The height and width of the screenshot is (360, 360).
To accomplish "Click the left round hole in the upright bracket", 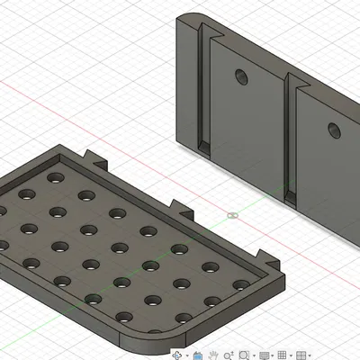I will (x=241, y=76).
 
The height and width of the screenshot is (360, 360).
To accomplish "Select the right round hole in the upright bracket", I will (x=334, y=130).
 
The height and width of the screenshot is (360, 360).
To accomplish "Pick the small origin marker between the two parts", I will (x=233, y=216).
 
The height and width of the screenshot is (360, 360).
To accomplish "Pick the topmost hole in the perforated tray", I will (x=55, y=178).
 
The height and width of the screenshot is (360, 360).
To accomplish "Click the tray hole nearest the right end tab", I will (x=240, y=286).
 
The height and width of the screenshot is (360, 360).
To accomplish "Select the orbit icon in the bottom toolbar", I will (x=176, y=355).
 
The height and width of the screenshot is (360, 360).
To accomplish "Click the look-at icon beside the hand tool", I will (x=199, y=355).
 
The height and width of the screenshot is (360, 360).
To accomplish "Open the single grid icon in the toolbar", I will (x=282, y=355).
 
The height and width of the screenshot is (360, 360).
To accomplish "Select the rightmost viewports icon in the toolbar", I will (x=303, y=355).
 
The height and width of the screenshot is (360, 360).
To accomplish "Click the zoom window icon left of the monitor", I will (x=244, y=355).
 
